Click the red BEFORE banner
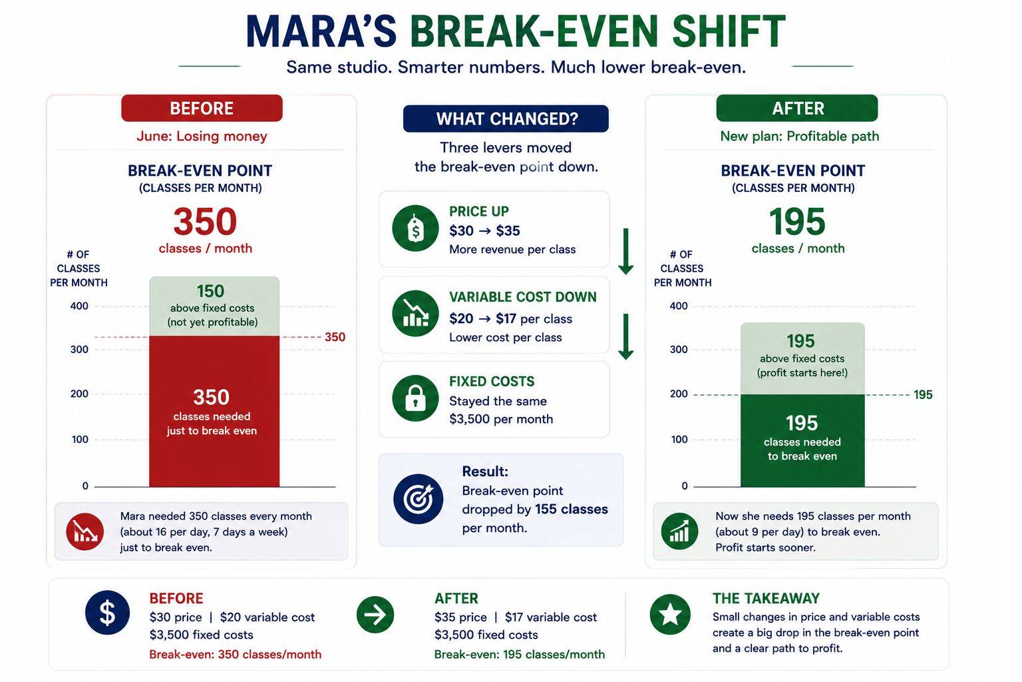point(202,109)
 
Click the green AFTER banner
point(797,109)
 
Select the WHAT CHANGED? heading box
point(506,119)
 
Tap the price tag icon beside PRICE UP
point(415,228)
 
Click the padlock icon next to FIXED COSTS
point(415,398)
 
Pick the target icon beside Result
point(418,499)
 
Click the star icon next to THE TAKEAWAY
point(670,614)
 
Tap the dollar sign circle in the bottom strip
point(107,613)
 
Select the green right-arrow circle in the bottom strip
point(375,614)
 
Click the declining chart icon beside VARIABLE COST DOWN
point(415,314)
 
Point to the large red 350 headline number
point(205,222)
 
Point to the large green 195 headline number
point(797,222)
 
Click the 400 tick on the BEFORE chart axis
point(79,306)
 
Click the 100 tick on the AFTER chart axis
point(679,440)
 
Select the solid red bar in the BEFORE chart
point(214,411)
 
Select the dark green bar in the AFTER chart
point(802,440)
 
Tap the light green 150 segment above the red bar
point(214,306)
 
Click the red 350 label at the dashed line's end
point(335,337)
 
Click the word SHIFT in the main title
point(729,31)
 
